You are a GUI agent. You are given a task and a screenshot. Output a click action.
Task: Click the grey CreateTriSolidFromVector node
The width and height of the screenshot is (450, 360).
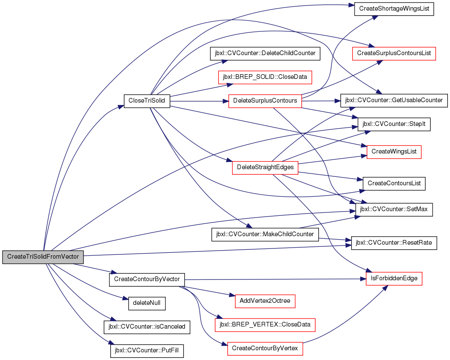pos(43,257)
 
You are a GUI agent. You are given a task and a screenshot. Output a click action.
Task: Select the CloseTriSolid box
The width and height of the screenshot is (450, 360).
pos(147,101)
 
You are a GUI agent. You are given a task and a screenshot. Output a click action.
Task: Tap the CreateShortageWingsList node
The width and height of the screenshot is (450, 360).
pos(394,9)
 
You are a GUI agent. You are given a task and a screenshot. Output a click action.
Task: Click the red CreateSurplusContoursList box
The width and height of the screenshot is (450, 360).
pos(394,53)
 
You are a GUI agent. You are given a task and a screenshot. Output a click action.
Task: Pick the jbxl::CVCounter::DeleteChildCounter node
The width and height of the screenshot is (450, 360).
pos(265,53)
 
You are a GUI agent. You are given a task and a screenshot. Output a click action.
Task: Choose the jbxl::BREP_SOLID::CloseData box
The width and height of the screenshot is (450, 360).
pos(265,77)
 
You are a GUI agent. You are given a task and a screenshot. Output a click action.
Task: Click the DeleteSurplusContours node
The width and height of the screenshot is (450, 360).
pos(265,101)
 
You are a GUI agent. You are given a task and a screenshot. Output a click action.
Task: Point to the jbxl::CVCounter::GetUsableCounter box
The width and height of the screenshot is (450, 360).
pos(394,100)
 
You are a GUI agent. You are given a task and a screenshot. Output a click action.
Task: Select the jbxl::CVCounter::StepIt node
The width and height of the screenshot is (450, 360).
pos(394,125)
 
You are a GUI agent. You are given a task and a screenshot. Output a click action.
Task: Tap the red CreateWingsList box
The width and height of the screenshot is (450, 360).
pos(394,152)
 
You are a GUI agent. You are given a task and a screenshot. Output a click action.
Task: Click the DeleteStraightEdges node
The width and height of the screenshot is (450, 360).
pos(265,167)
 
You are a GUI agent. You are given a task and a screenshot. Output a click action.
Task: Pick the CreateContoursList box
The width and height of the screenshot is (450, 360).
pos(394,184)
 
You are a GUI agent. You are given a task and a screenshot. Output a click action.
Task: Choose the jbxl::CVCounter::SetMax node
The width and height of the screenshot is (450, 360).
pos(394,209)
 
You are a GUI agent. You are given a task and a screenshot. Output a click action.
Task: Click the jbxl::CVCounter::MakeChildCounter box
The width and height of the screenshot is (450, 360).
pos(265,234)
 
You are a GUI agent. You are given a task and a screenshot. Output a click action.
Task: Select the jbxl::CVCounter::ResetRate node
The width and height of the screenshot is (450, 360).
pos(394,243)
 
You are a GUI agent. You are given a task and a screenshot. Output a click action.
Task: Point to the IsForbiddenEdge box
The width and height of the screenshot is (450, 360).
pos(394,279)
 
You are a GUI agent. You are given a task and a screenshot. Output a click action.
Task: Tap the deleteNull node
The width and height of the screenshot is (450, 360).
pos(147,303)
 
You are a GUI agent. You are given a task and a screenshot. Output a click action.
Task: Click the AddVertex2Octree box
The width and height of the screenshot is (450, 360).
pos(265,301)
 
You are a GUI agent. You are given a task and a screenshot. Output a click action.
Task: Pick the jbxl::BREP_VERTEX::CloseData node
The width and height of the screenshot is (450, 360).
pos(265,325)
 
